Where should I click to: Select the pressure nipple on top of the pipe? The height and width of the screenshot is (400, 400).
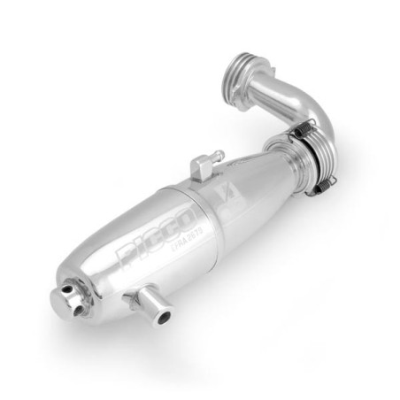(x=201, y=162)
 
